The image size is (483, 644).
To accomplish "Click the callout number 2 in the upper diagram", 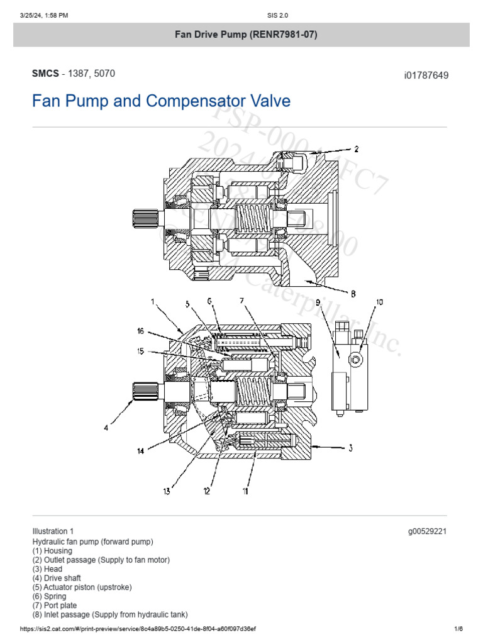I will pyautogui.click(x=356, y=149).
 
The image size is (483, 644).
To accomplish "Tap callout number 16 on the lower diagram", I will pyautogui.click(x=141, y=331).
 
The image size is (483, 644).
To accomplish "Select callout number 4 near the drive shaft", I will pyautogui.click(x=106, y=428).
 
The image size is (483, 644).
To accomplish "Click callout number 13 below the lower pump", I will pyautogui.click(x=167, y=492).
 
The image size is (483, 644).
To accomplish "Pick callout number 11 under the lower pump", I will pyautogui.click(x=245, y=491).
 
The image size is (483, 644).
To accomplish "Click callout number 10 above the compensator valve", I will pyautogui.click(x=379, y=303).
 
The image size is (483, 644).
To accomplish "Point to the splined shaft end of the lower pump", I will pyautogui.click(x=142, y=392).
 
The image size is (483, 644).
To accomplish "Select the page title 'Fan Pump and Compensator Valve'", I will pyautogui.click(x=161, y=101).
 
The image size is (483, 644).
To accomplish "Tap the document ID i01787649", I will pyautogui.click(x=426, y=75).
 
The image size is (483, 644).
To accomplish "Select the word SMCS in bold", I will pyautogui.click(x=45, y=74).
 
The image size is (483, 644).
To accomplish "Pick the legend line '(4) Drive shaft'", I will pyautogui.click(x=57, y=577).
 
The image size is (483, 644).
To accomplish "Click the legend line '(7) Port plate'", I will pyautogui.click(x=55, y=605).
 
